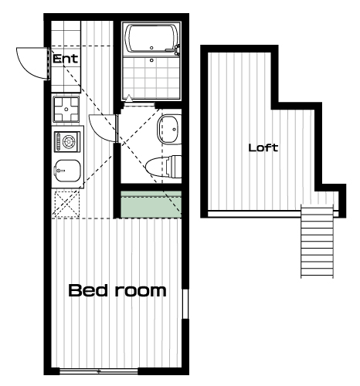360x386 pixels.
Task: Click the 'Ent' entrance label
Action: pyautogui.click(x=65, y=59)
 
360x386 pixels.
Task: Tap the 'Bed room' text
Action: pyautogui.click(x=117, y=290)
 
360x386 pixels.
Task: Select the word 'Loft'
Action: pyautogui.click(x=263, y=147)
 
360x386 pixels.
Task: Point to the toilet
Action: pyautogui.click(x=164, y=167)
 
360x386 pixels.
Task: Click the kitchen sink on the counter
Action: pyautogui.click(x=67, y=171)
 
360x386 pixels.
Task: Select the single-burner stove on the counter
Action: pyautogui.click(x=67, y=141)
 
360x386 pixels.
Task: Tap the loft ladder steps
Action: pyautogui.click(x=317, y=241)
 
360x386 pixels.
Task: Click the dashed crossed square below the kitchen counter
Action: pyautogui.click(x=66, y=204)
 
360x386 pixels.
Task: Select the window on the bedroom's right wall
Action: pyautogui.click(x=185, y=304)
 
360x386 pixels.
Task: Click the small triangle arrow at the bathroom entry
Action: pyautogui.click(x=129, y=98)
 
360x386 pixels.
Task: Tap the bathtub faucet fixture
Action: pyautogui.click(x=176, y=50)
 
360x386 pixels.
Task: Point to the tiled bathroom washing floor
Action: pyautogui.click(x=151, y=78)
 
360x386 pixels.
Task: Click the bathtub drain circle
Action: pyautogui.click(x=151, y=48)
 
